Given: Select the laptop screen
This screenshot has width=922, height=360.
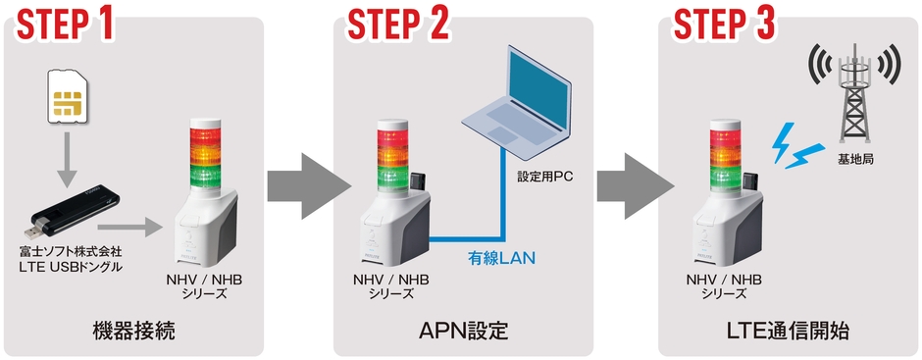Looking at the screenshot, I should click(542, 83).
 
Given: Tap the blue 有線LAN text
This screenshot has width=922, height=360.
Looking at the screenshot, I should click(500, 259).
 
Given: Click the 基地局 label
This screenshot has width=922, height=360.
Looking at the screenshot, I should click(851, 158).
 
